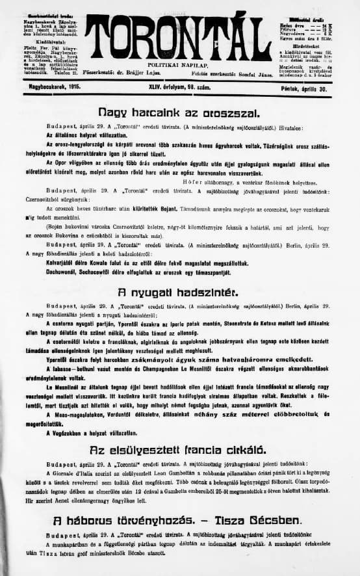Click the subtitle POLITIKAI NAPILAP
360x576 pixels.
[x=178, y=66]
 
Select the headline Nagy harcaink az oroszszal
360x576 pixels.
[x=179, y=112]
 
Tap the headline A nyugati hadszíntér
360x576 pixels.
[x=179, y=292]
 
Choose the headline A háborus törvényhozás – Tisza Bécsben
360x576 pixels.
[x=179, y=520]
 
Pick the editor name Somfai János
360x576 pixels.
[x=255, y=75]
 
